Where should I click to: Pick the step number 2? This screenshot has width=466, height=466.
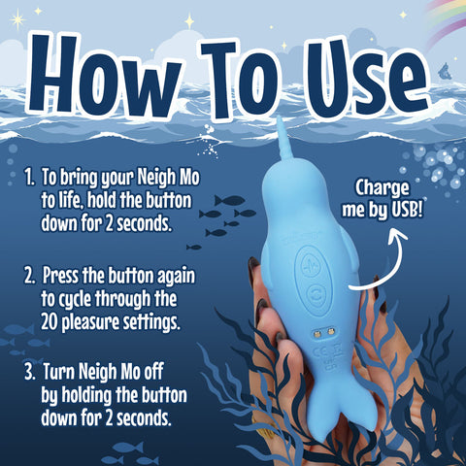(x=30, y=273)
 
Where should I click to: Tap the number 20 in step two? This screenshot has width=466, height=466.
(x=52, y=319)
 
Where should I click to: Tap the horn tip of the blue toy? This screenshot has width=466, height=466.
(x=278, y=121)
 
